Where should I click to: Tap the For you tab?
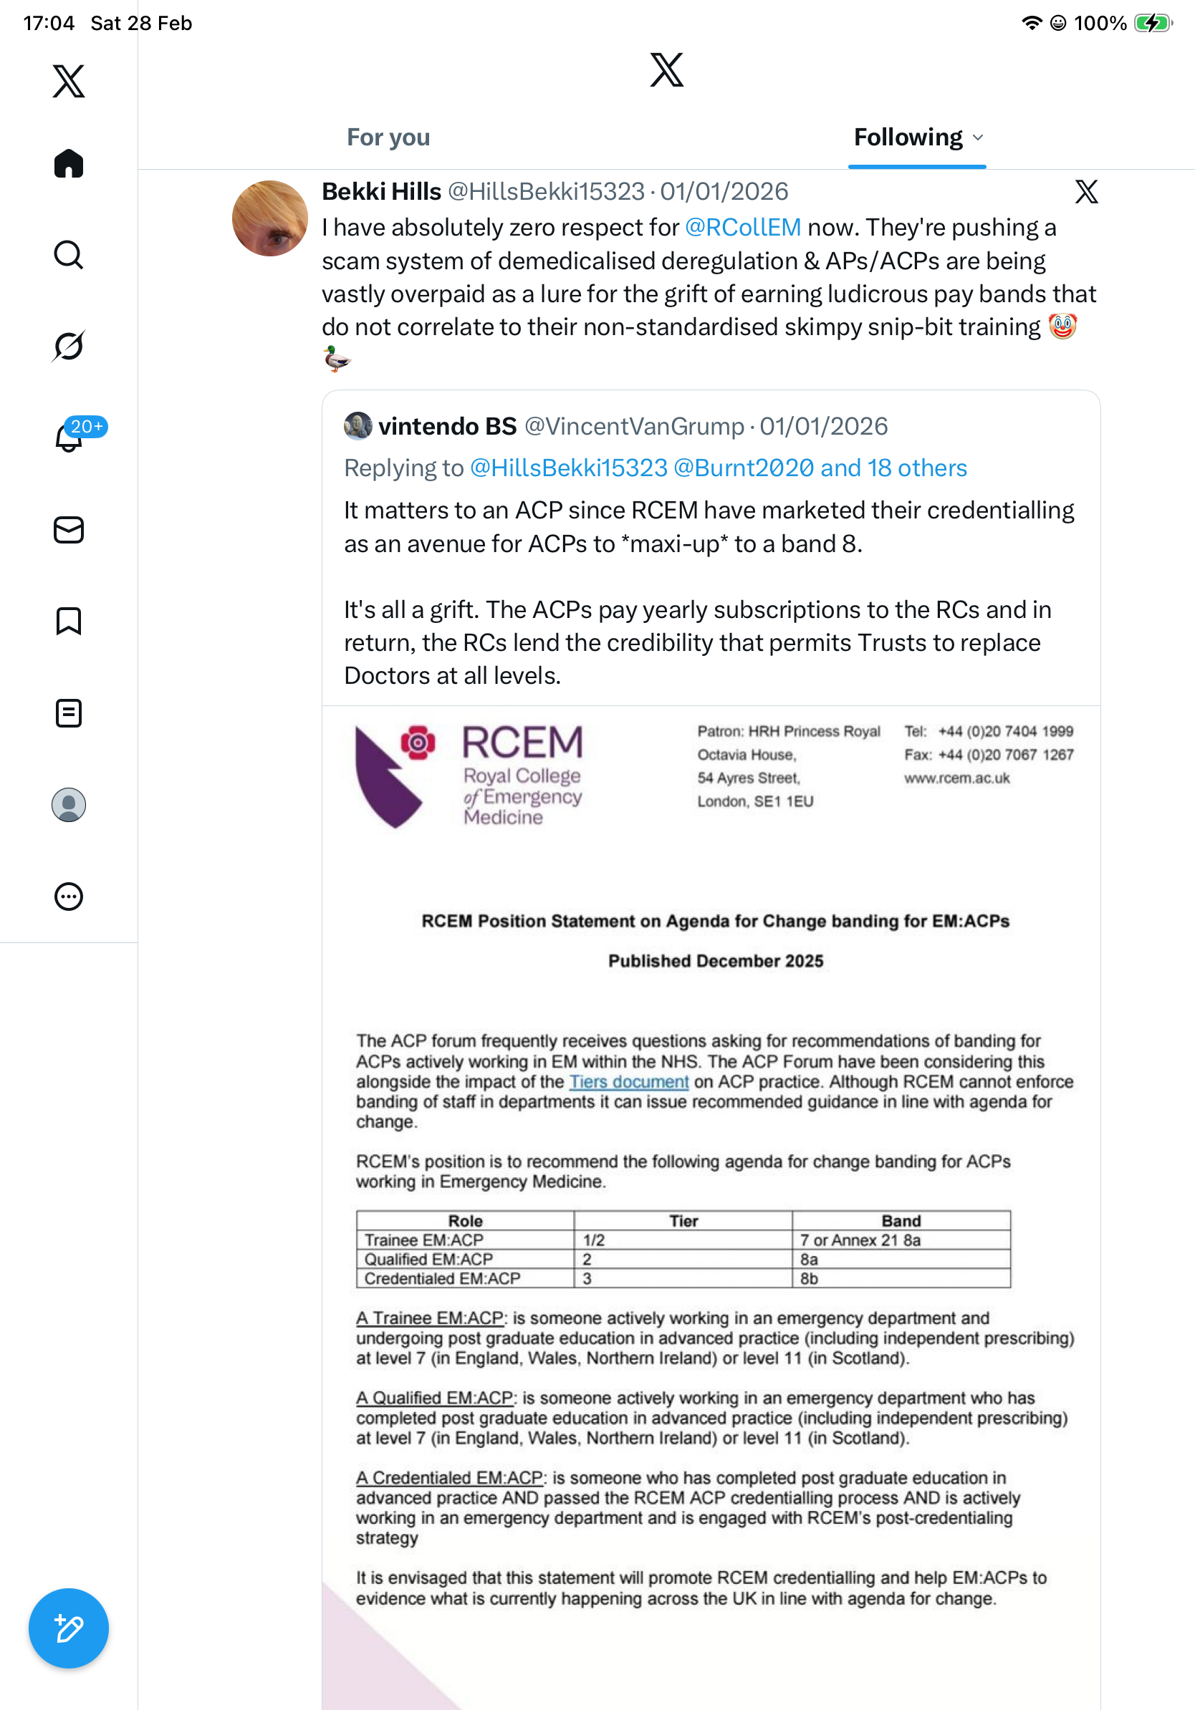[x=388, y=137]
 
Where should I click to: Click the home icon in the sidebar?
[x=69, y=164]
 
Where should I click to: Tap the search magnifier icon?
[x=69, y=255]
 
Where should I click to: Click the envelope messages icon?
[x=69, y=531]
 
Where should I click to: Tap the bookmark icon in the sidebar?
[x=69, y=621]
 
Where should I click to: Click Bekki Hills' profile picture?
[x=269, y=218]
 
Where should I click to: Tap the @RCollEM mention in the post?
[x=743, y=227]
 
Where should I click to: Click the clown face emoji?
[x=1062, y=327]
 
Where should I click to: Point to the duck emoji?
[x=337, y=359]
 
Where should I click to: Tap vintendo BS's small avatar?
[x=357, y=426]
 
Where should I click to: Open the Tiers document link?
[x=629, y=1081]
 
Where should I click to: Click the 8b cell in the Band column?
[x=809, y=1279]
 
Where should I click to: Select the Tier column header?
[x=683, y=1221]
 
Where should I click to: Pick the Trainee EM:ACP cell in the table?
[x=424, y=1240]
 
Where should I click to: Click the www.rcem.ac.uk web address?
[x=956, y=778]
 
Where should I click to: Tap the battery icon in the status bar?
[x=1152, y=23]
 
